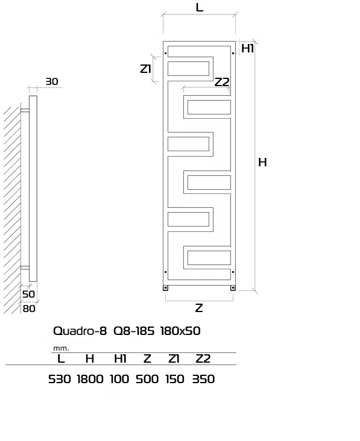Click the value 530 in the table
[59, 379]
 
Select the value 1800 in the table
[90, 379]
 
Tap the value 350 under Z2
[203, 379]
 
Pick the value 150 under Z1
[175, 379]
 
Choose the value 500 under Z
[147, 379]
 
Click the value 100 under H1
[119, 379]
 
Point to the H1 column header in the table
[120, 358]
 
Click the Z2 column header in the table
[203, 358]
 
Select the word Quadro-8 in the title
[80, 331]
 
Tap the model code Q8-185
[134, 331]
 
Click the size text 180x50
[180, 331]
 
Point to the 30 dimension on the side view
[52, 81]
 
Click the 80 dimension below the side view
[29, 309]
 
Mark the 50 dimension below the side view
[28, 294]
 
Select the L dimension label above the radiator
[199, 7]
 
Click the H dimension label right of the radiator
[262, 162]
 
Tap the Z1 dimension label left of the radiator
[145, 69]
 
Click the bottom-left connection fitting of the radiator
[165, 288]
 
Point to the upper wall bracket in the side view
[25, 110]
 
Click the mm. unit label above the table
[61, 348]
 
